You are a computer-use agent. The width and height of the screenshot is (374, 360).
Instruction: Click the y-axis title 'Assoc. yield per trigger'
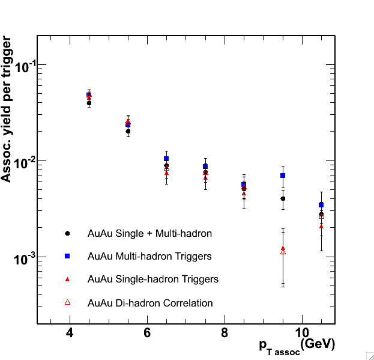[x=7, y=109]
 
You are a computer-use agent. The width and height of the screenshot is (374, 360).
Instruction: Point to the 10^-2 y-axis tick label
[x=20, y=162]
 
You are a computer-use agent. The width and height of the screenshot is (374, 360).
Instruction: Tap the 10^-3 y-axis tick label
[x=20, y=258]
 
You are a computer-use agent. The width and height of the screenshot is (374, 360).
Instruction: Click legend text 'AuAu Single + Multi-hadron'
[x=149, y=233]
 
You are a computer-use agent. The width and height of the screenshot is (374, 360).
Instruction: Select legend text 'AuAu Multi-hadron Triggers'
[x=149, y=256]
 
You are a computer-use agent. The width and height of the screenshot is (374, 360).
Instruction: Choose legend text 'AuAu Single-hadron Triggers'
[x=153, y=279]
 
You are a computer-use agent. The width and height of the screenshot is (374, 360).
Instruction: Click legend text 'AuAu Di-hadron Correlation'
[x=150, y=303]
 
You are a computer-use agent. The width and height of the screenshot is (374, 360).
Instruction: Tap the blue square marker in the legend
[x=68, y=256]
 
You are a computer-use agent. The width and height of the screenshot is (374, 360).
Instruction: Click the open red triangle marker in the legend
[x=68, y=302]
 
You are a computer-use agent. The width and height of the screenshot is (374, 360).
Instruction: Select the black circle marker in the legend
[x=68, y=233]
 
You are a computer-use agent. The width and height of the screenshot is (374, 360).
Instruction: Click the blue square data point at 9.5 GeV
[x=283, y=175]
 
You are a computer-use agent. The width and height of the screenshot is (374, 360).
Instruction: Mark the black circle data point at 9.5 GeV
[x=283, y=198]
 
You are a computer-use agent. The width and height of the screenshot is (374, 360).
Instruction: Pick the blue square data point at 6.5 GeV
[x=166, y=159]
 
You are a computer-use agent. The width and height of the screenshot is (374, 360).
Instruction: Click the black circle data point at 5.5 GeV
[x=128, y=131]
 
